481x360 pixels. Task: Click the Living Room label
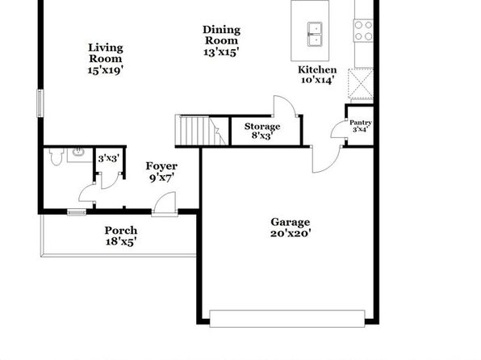[x=106, y=53]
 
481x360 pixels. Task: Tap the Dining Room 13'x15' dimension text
[x=221, y=52]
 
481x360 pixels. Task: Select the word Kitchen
[x=317, y=69]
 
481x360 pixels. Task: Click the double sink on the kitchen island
[x=315, y=34]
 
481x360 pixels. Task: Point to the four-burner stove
[x=363, y=31]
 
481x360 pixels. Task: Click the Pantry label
[x=361, y=123]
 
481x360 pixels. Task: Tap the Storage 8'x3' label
[x=262, y=131]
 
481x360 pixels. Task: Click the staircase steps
[x=201, y=131]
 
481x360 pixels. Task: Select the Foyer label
[x=161, y=166]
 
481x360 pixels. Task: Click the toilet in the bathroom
[x=56, y=156]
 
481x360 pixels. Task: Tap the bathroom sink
[x=79, y=153]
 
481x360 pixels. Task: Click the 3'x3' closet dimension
[x=109, y=158]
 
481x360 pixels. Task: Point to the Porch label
[x=121, y=230]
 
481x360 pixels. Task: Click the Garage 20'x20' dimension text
[x=291, y=233]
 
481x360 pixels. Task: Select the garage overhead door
[x=287, y=319]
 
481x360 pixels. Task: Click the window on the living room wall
[x=40, y=103]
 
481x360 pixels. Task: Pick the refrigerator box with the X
[x=361, y=83]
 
